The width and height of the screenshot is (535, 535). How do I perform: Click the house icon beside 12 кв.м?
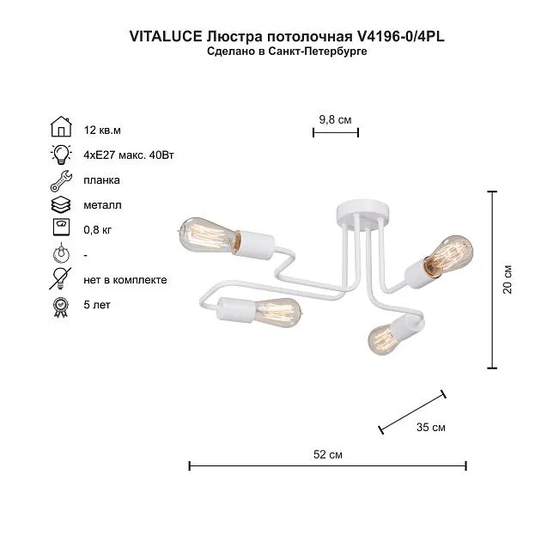pos(61,126)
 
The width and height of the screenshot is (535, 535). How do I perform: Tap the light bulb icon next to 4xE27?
pos(61,155)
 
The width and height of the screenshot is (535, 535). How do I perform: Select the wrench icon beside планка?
pos(61,180)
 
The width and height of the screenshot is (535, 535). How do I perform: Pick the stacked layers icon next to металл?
pos(61,204)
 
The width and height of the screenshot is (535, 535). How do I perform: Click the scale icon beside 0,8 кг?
pos(62,227)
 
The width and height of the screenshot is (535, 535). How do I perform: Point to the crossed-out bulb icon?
pos(60,278)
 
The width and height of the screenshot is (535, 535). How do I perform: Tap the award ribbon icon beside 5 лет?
pos(61,307)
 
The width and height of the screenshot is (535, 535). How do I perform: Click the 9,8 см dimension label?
pos(335,119)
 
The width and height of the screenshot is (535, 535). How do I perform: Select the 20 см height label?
pos(508,279)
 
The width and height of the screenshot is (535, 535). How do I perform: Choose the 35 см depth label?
pos(430,427)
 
